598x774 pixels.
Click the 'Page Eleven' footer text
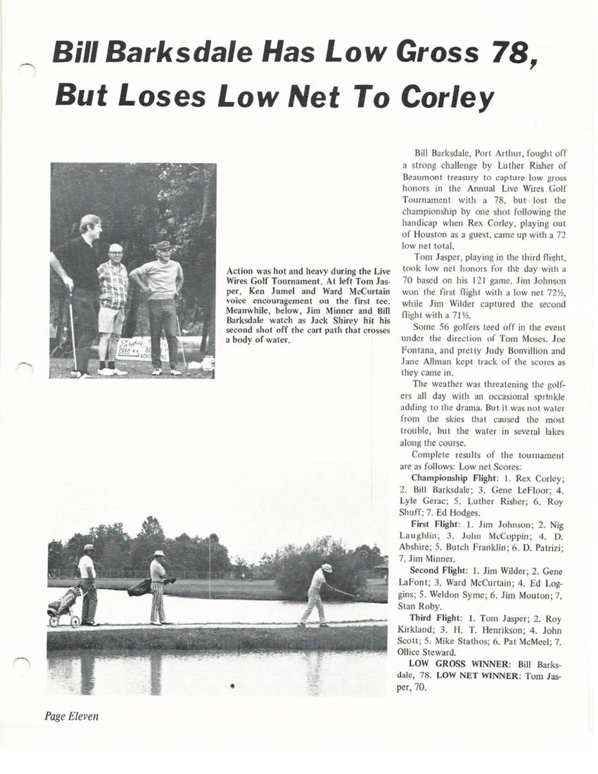pos(72,716)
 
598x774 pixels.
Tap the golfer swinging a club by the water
pos(317,595)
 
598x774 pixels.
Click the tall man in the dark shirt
pos(81,290)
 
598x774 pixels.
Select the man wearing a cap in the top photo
pos(161,303)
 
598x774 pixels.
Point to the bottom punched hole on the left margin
pos(23,665)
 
